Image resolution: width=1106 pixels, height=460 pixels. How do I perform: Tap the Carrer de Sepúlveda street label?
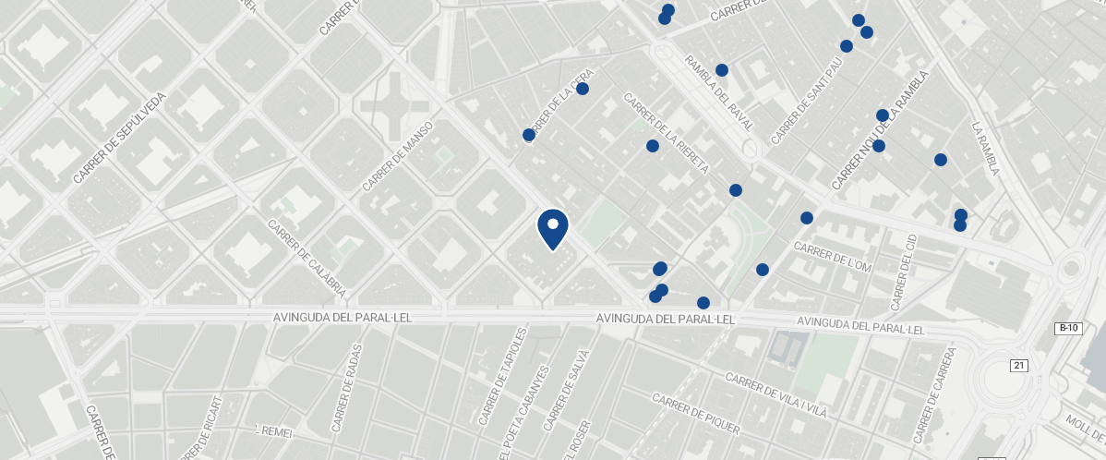(x=119, y=138)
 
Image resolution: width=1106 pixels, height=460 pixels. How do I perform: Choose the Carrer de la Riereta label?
(x=666, y=133)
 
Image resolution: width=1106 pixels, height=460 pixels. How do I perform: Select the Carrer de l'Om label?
(x=832, y=258)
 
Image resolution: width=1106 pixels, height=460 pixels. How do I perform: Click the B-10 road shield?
(x=1067, y=329)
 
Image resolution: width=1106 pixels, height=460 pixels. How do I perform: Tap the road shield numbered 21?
(x=1018, y=366)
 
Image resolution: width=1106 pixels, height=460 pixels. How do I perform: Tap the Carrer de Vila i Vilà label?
(x=775, y=395)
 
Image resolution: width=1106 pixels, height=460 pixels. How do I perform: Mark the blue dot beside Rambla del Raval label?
(x=722, y=70)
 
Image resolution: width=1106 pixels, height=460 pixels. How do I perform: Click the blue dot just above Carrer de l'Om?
(x=807, y=218)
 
